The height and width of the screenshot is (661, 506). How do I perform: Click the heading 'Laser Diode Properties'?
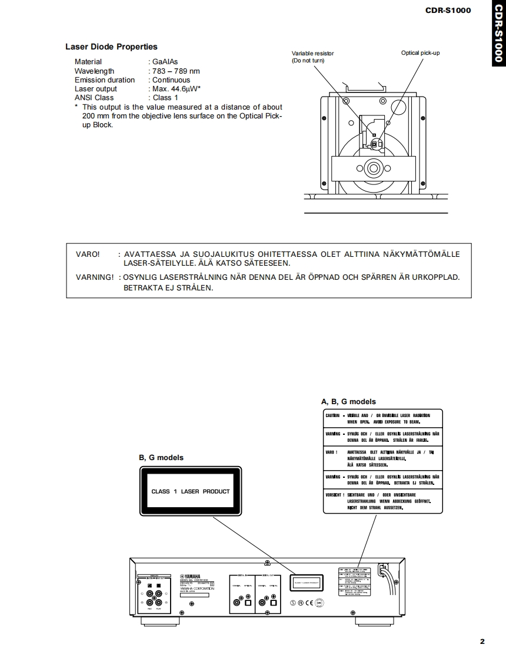click(x=111, y=47)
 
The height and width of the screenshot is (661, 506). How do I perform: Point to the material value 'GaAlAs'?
click(x=165, y=62)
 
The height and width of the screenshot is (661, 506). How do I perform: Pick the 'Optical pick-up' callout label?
click(x=420, y=53)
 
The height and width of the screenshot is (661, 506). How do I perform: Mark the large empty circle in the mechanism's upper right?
click(x=398, y=107)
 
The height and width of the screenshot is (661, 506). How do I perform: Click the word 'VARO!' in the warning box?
click(x=88, y=255)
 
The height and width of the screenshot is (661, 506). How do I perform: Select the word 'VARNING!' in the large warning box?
click(x=94, y=277)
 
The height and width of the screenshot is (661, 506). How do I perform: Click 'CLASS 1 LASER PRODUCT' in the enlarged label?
click(x=191, y=491)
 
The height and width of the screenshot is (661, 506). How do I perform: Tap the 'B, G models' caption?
click(x=161, y=458)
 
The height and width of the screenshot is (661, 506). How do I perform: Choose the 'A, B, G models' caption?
click(x=348, y=402)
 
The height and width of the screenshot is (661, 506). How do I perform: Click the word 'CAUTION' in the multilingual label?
click(x=333, y=416)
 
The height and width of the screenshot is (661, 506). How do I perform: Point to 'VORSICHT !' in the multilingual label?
click(x=335, y=495)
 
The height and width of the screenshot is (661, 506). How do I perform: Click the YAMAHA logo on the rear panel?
click(x=191, y=576)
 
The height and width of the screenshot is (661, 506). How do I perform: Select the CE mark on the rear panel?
click(x=309, y=602)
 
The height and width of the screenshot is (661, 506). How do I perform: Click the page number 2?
click(x=482, y=642)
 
